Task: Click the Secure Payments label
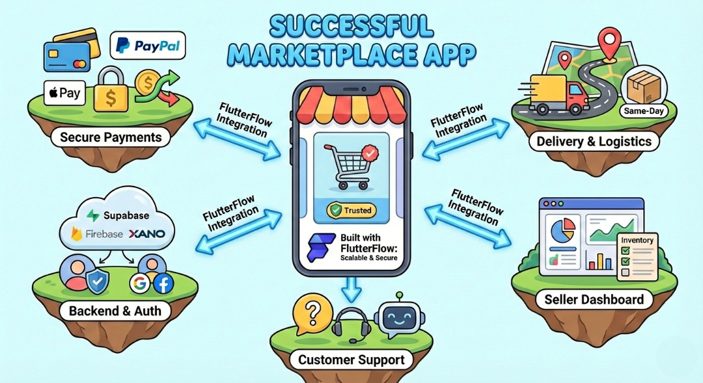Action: [111, 137]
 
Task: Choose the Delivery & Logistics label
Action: [594, 141]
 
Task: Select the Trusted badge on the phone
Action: [351, 210]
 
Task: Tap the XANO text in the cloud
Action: [146, 234]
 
